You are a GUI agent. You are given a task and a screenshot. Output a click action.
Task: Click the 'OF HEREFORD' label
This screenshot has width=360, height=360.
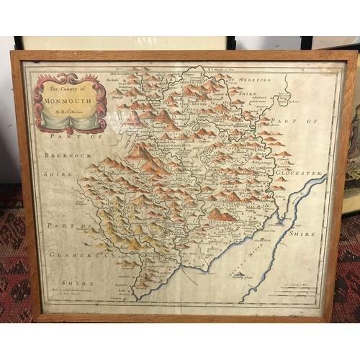click(246, 78)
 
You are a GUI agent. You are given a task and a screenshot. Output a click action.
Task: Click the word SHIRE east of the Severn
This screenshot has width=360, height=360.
click(302, 233)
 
